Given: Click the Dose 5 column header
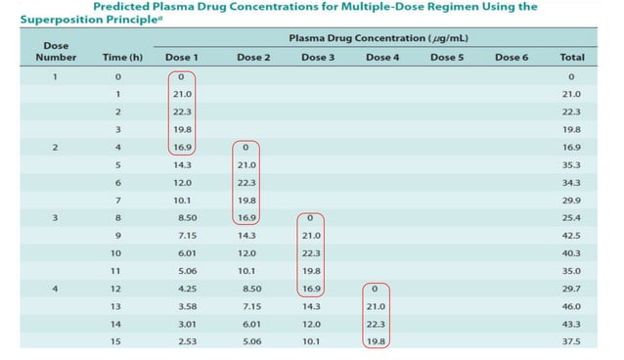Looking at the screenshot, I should [x=446, y=58].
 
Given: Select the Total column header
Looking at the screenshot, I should [x=572, y=58].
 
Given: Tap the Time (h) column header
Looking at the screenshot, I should [x=122, y=58].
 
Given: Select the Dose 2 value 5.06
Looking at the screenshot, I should [x=247, y=341].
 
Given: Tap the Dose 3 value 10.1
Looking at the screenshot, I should [x=312, y=341].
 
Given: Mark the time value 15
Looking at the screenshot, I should [x=118, y=341].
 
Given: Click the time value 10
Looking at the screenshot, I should [x=118, y=253].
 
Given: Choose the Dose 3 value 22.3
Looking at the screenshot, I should [x=312, y=253].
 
